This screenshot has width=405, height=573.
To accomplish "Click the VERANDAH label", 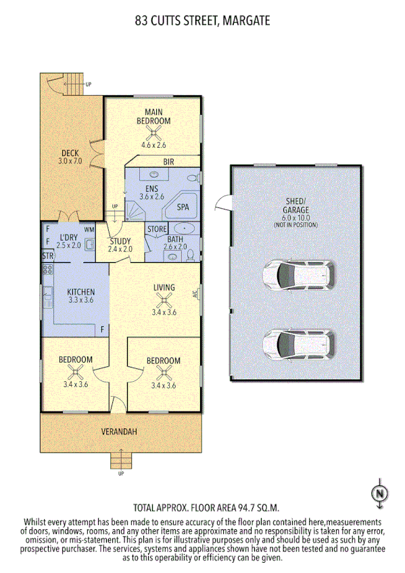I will pos(120,432).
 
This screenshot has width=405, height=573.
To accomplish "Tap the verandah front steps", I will pos(121,461).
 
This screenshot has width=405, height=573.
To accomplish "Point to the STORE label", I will pos(156,230).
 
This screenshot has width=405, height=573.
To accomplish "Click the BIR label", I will pos(169,161).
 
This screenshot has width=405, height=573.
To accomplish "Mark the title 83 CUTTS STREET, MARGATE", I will pos(202,21).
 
